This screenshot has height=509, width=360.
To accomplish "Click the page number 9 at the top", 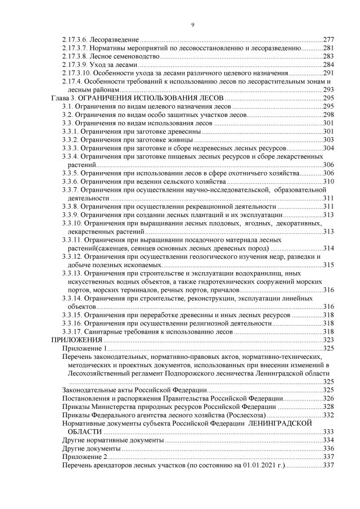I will [x=192, y=24].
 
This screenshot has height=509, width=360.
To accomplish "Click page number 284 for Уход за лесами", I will [x=329, y=64].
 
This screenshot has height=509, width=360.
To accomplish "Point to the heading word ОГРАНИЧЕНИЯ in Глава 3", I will [x=105, y=98].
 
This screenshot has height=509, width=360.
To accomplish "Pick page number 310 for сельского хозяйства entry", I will [x=329, y=182].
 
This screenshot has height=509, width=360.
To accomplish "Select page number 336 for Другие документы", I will [x=329, y=449].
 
